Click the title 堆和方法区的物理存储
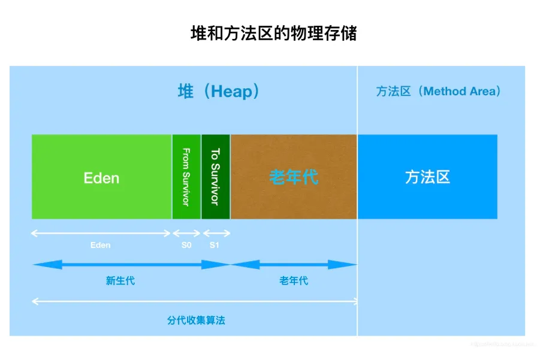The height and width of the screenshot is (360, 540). [x=273, y=34]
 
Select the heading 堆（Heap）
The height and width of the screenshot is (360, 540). [x=219, y=91]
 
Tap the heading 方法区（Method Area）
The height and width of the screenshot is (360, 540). [x=438, y=91]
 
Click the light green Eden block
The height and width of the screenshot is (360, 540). [x=101, y=177]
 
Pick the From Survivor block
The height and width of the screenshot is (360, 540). [x=186, y=177]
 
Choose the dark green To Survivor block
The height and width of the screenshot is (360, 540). [x=215, y=177]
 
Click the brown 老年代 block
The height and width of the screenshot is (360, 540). [x=294, y=177]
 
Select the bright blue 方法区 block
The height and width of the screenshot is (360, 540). [x=427, y=177]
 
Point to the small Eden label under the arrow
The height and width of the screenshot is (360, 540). [x=101, y=245]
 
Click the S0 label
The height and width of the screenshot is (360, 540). [x=186, y=245]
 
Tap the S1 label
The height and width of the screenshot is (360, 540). [x=215, y=245]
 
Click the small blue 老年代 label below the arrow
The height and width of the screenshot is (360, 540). [x=294, y=280]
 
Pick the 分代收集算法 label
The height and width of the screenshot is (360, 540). [x=196, y=320]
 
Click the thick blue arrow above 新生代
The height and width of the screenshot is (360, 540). [x=131, y=265]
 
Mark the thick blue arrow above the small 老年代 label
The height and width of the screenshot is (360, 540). [x=294, y=265]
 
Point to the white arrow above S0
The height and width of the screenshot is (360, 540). [x=186, y=233]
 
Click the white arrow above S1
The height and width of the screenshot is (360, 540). [x=216, y=233]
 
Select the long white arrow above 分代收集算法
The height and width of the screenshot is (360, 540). [x=194, y=301]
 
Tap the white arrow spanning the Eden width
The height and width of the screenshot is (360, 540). [x=101, y=233]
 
